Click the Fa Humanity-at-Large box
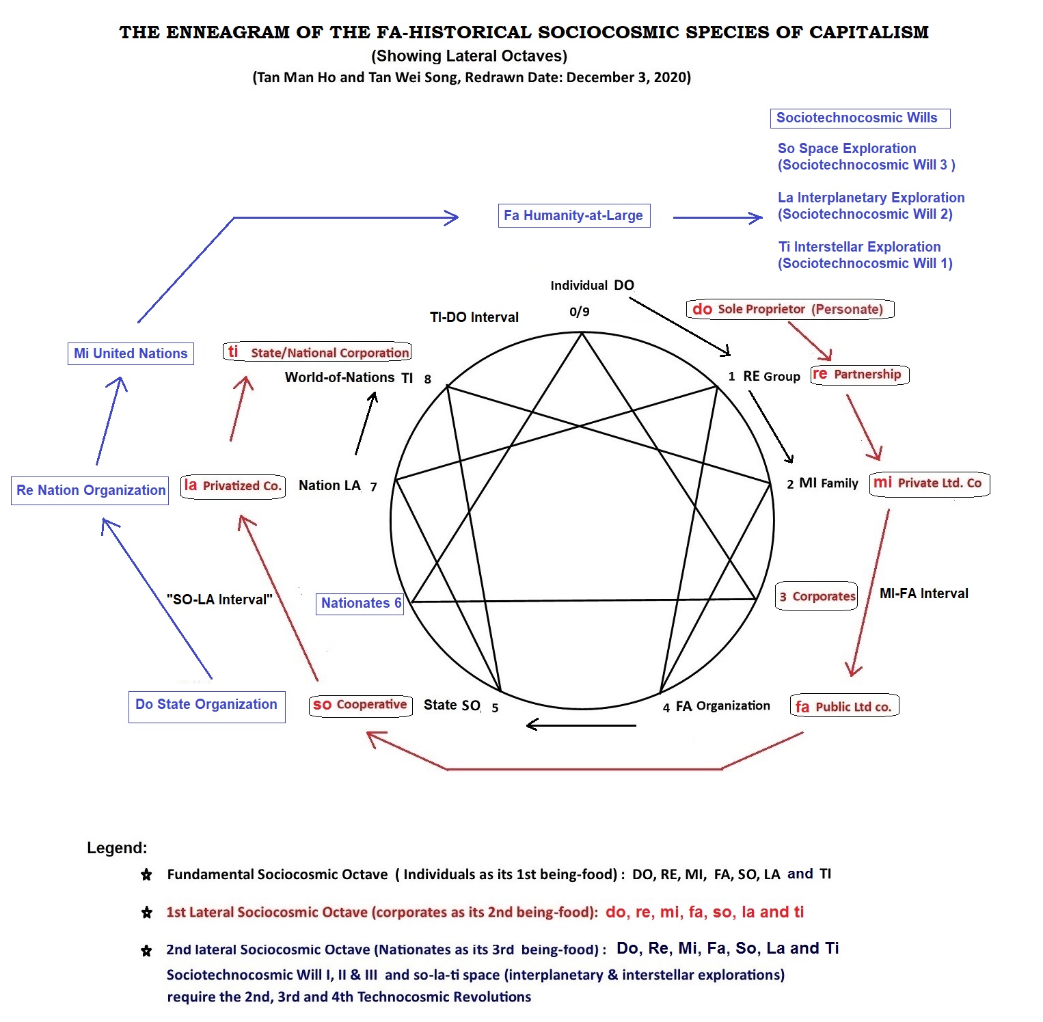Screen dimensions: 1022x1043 tap(573, 216)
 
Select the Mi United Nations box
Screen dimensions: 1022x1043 tap(131, 353)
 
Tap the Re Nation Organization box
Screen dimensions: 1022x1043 tap(90, 490)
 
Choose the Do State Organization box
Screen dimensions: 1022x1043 tap(206, 706)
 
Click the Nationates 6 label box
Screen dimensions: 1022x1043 tap(360, 603)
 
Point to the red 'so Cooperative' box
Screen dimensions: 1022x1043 tap(360, 705)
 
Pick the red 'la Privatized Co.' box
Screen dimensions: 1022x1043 tap(233, 486)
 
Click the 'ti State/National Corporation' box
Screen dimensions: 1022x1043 tap(317, 352)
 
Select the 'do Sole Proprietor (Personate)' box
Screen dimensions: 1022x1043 tap(789, 309)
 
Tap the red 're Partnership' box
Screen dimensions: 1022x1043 tap(859, 375)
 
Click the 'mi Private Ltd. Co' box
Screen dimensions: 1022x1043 tap(929, 483)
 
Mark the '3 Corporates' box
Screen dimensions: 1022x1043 tap(817, 596)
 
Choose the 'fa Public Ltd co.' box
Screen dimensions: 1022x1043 tap(844, 706)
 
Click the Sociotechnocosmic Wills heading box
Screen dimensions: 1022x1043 tap(860, 118)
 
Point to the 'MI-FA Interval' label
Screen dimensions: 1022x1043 tap(923, 593)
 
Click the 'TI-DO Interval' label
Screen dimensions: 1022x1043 tap(474, 317)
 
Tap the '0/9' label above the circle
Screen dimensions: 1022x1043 tap(579, 312)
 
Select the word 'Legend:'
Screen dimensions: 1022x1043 tap(117, 848)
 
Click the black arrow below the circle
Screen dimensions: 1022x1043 tap(581, 725)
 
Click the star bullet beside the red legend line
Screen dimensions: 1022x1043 tap(146, 912)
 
